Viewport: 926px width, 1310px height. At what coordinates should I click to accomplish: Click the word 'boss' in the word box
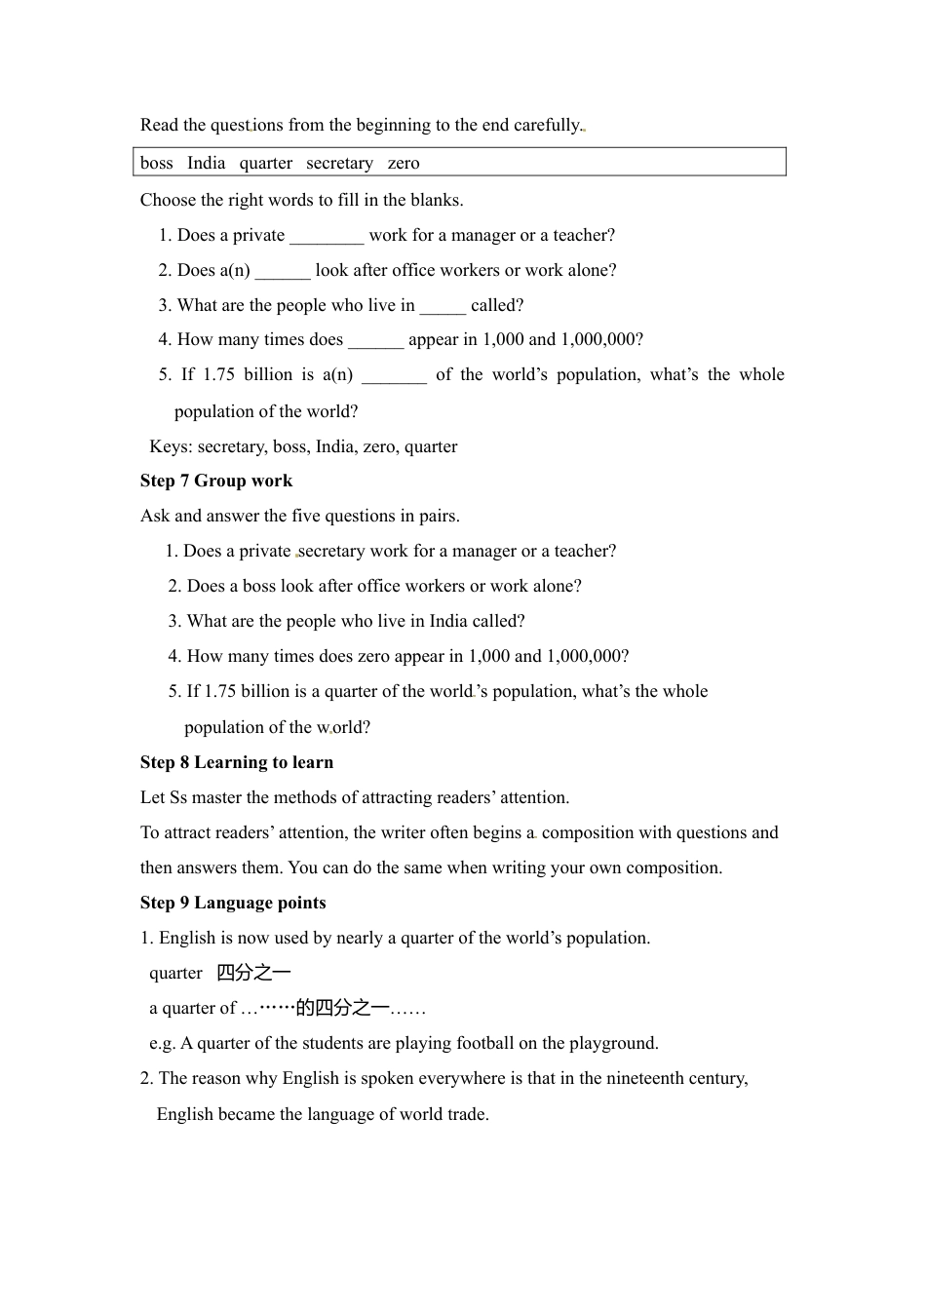pos(156,163)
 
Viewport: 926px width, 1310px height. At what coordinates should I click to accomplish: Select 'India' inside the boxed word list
pos(206,163)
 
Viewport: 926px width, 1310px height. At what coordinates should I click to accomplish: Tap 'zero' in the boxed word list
pos(404,163)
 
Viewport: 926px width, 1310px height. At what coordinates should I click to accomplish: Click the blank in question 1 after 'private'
pos(327,237)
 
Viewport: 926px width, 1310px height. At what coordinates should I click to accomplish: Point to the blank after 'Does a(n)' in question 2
pos(283,272)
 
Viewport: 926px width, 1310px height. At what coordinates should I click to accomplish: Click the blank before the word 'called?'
pos(443,307)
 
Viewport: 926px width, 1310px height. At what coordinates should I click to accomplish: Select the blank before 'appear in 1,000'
pos(375,341)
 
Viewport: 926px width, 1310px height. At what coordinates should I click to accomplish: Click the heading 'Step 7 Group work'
pos(216,481)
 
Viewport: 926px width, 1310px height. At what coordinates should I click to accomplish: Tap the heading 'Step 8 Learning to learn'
pos(237,762)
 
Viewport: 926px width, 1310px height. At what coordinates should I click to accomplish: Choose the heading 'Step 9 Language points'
pos(233,903)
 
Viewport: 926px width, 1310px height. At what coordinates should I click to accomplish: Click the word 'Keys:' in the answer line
pos(171,446)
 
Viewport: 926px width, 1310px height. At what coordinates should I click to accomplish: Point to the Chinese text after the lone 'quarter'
pos(253,973)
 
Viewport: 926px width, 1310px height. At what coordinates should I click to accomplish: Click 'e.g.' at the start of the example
pos(163,1043)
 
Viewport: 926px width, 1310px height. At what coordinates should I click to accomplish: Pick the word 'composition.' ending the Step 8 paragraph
pos(673,867)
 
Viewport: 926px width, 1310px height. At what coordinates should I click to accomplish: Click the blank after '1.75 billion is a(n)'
pos(394,376)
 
